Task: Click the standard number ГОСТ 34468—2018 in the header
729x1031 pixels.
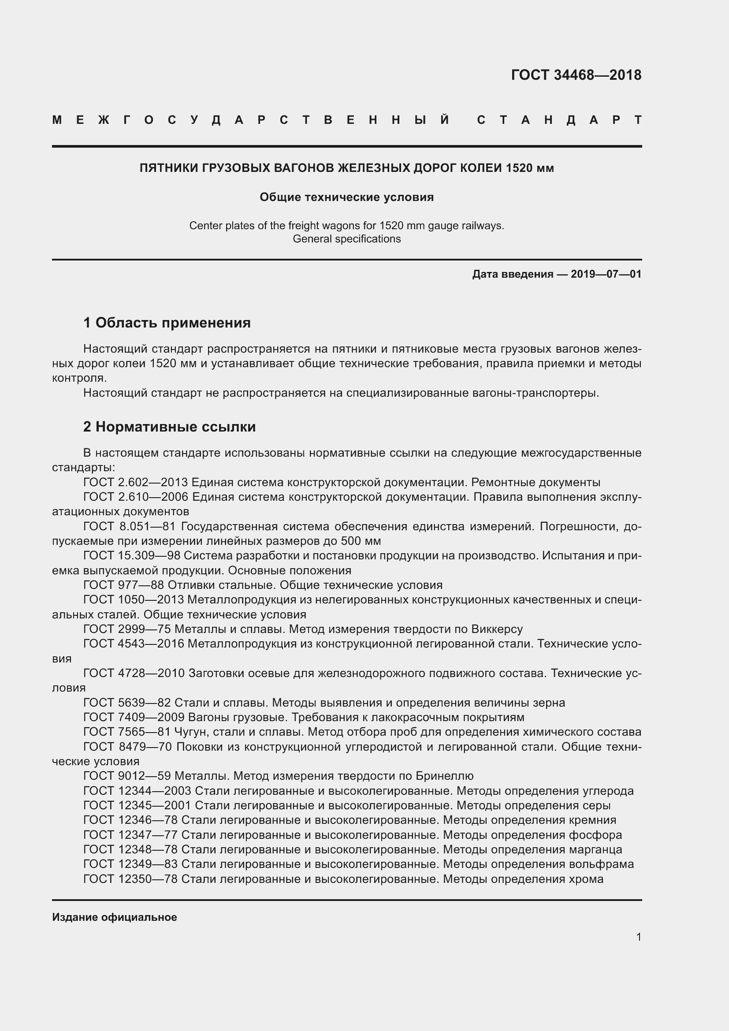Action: tap(576, 75)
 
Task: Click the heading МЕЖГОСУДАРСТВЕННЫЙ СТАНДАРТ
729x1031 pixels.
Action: tap(346, 120)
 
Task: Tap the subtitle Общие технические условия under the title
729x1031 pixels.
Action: tap(346, 197)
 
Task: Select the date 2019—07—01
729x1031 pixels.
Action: tap(606, 274)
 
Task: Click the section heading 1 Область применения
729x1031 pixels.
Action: tap(167, 322)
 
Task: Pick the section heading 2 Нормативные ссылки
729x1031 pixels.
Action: tap(169, 427)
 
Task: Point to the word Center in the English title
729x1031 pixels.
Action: tap(204, 225)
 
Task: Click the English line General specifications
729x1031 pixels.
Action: tap(346, 239)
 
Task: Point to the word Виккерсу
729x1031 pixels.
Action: tap(497, 629)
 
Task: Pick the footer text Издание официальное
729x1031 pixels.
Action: tap(115, 917)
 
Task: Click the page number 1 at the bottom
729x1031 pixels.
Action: tap(638, 937)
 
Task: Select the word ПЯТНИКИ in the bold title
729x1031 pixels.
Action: tap(168, 168)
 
